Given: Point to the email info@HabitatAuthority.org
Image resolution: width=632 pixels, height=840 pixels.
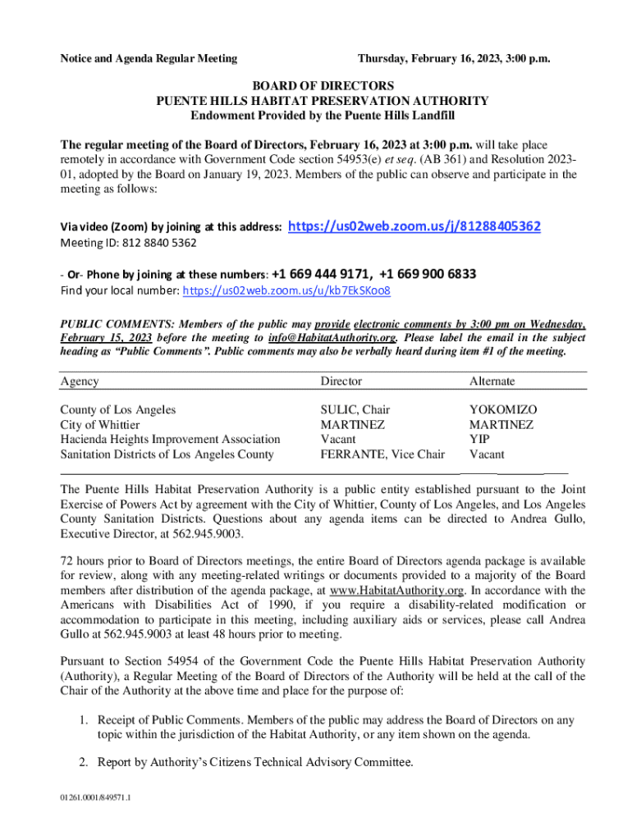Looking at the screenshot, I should point(333,337).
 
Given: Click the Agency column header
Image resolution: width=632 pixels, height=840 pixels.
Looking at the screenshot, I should point(80,381).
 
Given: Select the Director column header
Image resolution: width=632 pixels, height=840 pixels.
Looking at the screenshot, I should point(341,381).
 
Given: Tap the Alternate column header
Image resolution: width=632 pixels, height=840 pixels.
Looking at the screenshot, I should point(492,381).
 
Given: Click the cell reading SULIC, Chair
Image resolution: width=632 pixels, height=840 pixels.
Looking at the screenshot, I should point(355,409).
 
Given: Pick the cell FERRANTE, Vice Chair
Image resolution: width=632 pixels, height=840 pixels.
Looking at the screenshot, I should point(382,454).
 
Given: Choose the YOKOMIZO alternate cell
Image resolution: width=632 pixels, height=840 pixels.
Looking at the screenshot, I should point(503,409).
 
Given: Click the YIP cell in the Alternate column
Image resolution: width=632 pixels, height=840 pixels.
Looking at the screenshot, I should point(480,439).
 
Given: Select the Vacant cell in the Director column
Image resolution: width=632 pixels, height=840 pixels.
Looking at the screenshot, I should point(338,439).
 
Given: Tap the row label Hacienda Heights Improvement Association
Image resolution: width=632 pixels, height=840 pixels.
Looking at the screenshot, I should point(170,439).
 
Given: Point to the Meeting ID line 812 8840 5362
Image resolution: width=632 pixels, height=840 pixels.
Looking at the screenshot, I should point(128,244).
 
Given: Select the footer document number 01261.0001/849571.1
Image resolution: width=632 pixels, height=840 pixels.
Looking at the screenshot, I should point(96,797).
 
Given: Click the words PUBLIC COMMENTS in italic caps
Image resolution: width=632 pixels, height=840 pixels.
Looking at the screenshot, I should point(115,323).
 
